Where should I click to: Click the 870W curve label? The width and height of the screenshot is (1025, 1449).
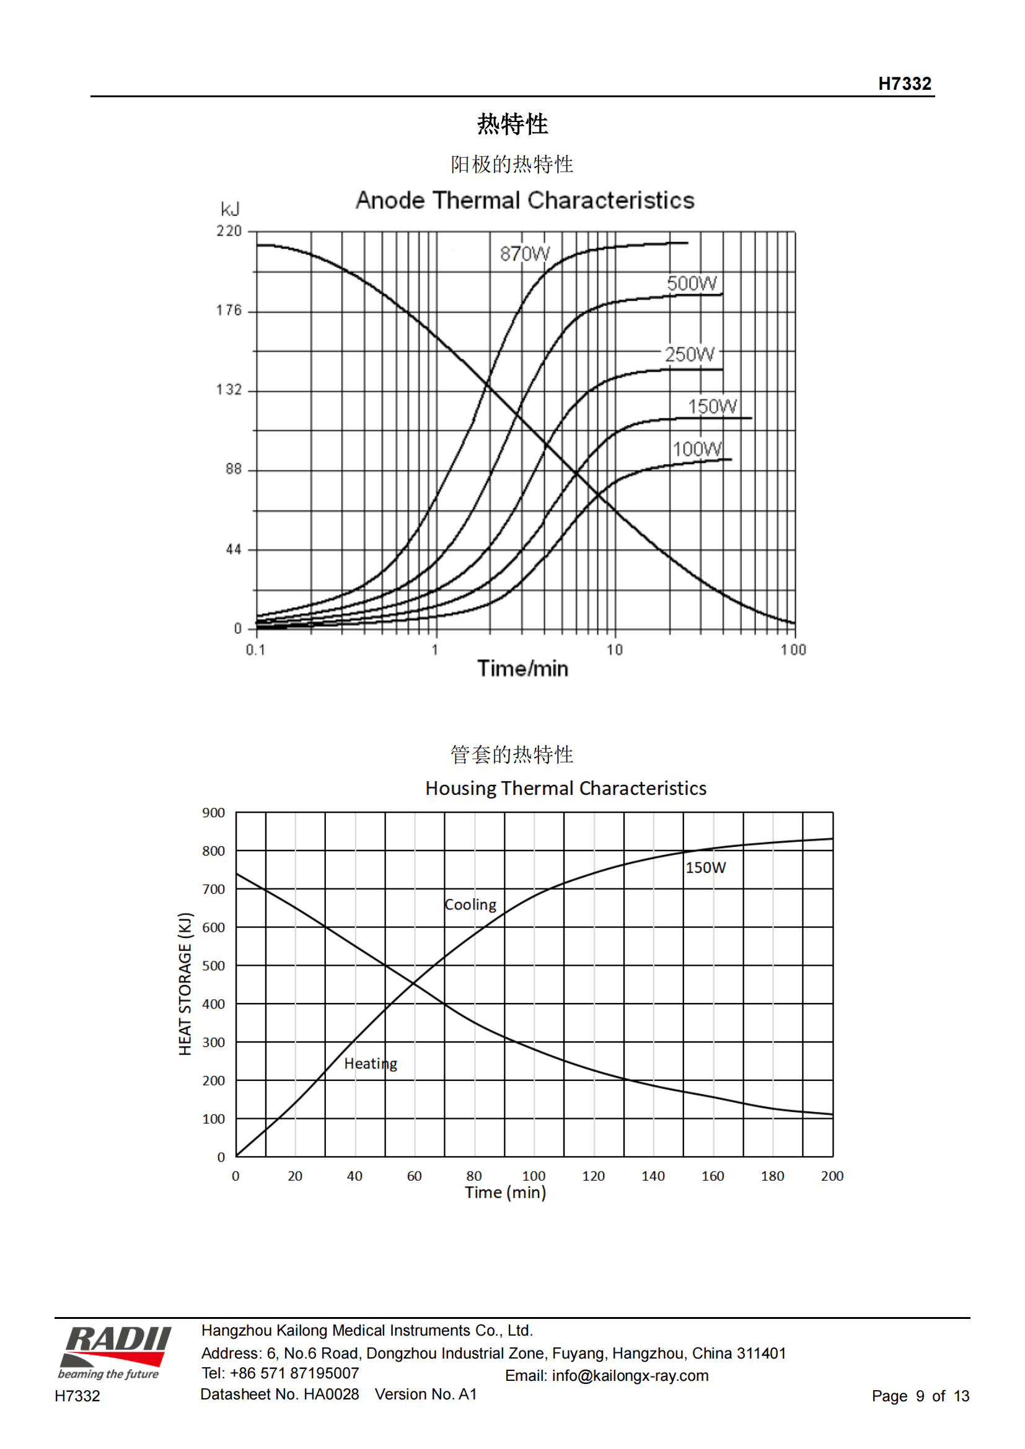[x=524, y=254]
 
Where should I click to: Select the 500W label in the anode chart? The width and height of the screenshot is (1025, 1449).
[x=692, y=283]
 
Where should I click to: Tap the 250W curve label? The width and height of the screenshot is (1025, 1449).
[x=689, y=354]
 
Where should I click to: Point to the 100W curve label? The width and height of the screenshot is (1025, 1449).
[x=697, y=449]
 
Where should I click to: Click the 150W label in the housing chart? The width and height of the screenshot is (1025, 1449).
[x=706, y=868]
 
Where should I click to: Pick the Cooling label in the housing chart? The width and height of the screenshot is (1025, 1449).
[x=470, y=904]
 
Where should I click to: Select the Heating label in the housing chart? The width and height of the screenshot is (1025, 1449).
[x=371, y=1064]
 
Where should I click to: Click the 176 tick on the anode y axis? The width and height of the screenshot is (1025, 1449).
[x=229, y=310]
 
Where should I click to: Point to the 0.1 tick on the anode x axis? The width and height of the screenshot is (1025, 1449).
[x=255, y=650]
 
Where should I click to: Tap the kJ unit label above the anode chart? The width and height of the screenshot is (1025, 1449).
[x=230, y=209]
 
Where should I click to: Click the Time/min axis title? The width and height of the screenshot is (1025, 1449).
[x=522, y=668]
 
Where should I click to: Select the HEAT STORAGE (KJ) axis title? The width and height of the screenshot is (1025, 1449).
[x=184, y=984]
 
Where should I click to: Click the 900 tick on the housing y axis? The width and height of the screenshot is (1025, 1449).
[x=213, y=813]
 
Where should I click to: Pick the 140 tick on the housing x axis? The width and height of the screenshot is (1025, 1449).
[x=653, y=1176]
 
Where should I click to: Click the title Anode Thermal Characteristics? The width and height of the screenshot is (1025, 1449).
[x=524, y=201]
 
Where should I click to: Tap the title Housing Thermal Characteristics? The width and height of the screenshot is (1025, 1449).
[x=566, y=788]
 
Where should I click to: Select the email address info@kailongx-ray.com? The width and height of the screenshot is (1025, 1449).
[x=630, y=1376]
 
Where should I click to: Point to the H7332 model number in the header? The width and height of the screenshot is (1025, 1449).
[x=904, y=84]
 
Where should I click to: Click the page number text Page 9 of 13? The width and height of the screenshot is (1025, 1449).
[x=920, y=1396]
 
